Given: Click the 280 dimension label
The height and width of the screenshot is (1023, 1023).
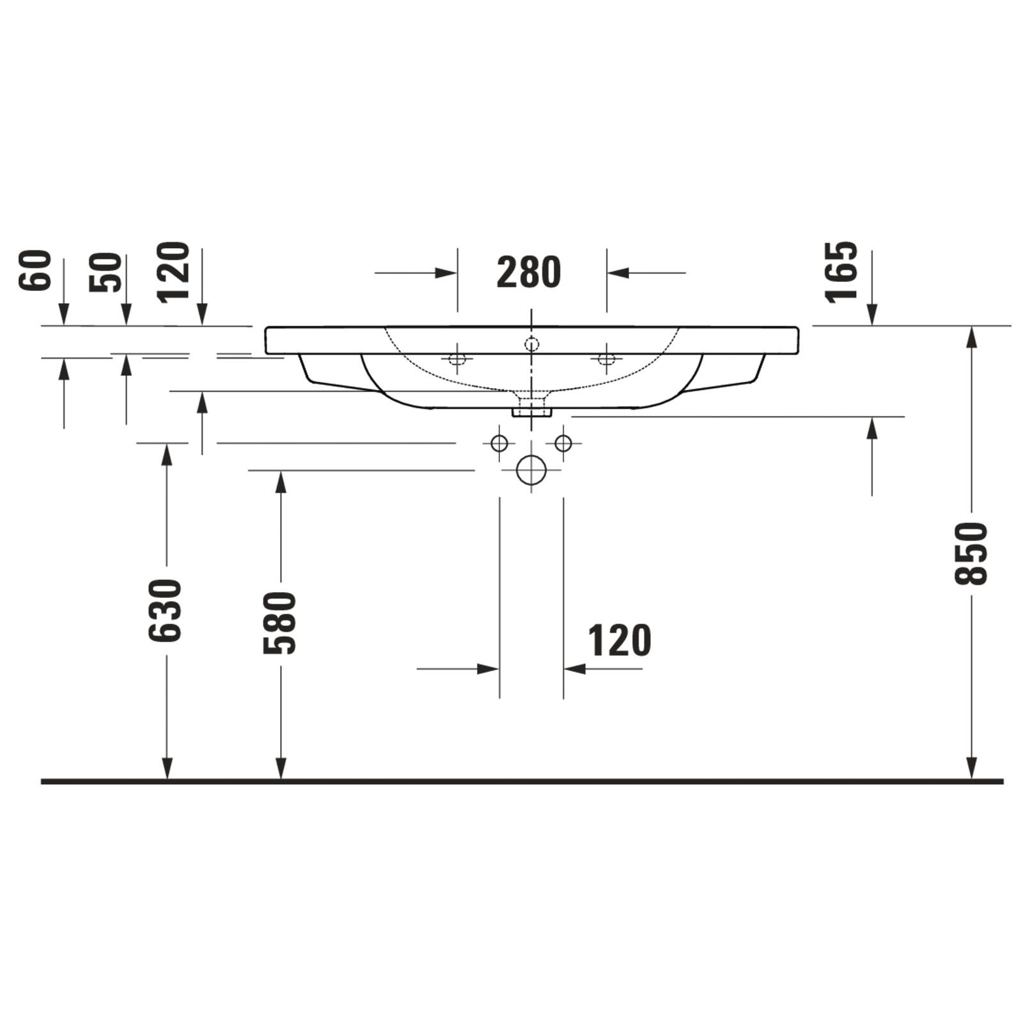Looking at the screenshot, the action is click(529, 272).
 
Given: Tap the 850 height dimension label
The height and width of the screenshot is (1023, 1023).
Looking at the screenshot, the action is click(971, 554).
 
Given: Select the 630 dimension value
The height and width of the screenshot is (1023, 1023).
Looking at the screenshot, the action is click(166, 611).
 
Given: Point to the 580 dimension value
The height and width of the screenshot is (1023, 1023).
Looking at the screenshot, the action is click(280, 623).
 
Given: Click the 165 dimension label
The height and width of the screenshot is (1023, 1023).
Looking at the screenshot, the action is click(841, 272).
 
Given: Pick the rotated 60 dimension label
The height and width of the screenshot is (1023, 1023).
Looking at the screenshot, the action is click(35, 271).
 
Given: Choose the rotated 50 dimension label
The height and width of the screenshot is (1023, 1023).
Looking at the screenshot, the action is click(105, 273).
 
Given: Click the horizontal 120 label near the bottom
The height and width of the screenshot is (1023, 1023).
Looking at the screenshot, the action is click(620, 641).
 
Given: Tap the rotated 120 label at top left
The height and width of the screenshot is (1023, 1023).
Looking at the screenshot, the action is click(174, 272).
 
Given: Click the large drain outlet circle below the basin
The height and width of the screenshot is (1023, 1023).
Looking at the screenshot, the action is click(531, 470).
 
